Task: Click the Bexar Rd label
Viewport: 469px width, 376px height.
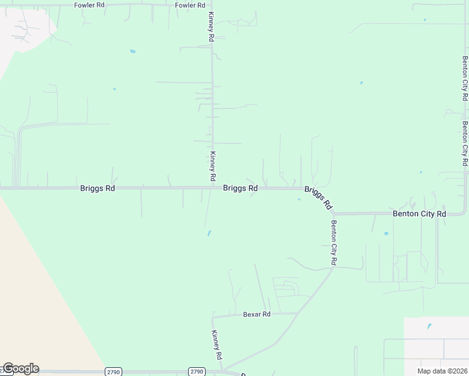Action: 256,314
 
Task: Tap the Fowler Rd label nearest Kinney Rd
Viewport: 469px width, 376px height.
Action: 190,5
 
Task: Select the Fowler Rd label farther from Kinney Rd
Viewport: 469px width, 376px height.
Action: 88,5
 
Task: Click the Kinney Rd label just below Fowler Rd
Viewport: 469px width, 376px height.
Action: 212,27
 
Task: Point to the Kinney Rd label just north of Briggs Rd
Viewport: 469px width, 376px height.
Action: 213,162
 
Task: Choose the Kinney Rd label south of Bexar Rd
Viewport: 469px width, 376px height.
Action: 217,344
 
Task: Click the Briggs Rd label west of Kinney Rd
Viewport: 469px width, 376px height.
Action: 97,188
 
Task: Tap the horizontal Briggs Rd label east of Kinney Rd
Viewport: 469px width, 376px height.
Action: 240,188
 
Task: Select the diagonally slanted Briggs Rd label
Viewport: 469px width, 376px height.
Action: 318,197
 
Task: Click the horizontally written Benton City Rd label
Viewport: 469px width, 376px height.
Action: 419,214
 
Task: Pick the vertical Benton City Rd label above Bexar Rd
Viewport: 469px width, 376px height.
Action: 334,243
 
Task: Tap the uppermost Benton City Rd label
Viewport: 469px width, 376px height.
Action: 465,79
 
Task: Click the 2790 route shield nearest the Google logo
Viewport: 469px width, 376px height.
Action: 113,372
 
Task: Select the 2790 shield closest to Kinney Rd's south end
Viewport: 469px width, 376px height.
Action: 197,372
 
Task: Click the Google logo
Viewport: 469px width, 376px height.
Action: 20,368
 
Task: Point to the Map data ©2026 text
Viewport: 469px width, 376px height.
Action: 443,371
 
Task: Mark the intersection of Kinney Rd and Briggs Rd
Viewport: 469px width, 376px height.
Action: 211,187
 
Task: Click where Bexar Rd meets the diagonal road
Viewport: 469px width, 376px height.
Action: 297,313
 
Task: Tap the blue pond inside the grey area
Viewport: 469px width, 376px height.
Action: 429,326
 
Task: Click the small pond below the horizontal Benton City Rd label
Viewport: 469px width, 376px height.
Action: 386,234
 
